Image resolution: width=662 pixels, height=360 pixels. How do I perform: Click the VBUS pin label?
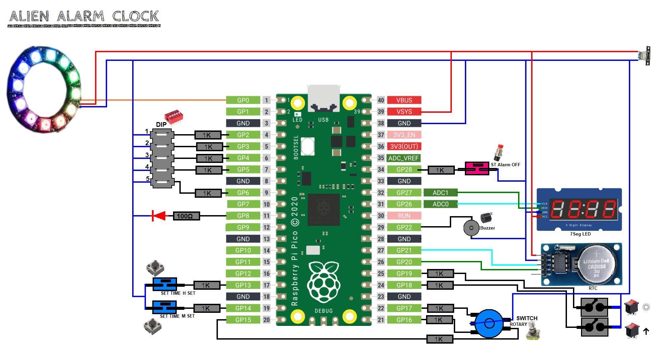(404, 100)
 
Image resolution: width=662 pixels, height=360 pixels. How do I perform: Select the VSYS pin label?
(404, 111)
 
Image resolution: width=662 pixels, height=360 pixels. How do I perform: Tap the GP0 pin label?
(243, 100)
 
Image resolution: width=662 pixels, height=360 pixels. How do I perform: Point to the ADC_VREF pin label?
(404, 158)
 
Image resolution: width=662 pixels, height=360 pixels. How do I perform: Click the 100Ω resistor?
(186, 216)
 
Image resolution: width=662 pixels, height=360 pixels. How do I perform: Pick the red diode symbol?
(159, 216)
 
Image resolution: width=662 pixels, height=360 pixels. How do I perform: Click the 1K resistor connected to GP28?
(441, 170)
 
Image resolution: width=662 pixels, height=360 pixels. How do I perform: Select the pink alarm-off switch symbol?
(476, 168)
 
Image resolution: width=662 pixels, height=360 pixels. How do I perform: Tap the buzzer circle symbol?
(471, 228)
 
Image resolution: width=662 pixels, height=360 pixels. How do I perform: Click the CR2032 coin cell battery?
(596, 264)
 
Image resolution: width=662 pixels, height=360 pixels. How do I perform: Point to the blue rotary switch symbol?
(489, 324)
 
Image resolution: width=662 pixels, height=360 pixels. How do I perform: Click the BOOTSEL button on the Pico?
(308, 146)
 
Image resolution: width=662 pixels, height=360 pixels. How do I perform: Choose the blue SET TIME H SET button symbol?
(165, 284)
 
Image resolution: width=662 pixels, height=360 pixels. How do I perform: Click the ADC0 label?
(440, 204)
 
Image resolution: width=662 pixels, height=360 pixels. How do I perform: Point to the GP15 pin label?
(243, 320)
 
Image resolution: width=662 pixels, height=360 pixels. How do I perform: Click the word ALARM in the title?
(80, 16)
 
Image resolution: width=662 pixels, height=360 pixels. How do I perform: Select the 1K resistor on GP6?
(208, 193)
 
